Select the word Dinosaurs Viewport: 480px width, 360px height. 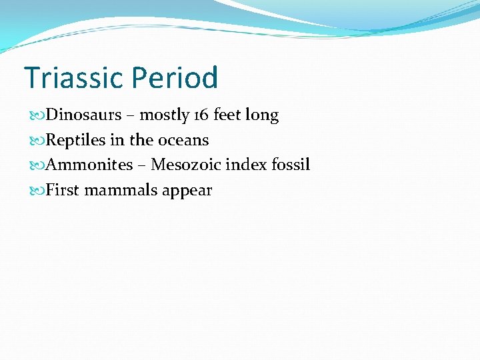click(x=83, y=115)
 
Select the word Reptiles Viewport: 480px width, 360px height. click(x=75, y=141)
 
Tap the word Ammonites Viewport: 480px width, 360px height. click(x=89, y=165)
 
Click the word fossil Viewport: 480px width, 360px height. click(x=291, y=165)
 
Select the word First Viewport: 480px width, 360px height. click(x=62, y=190)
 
